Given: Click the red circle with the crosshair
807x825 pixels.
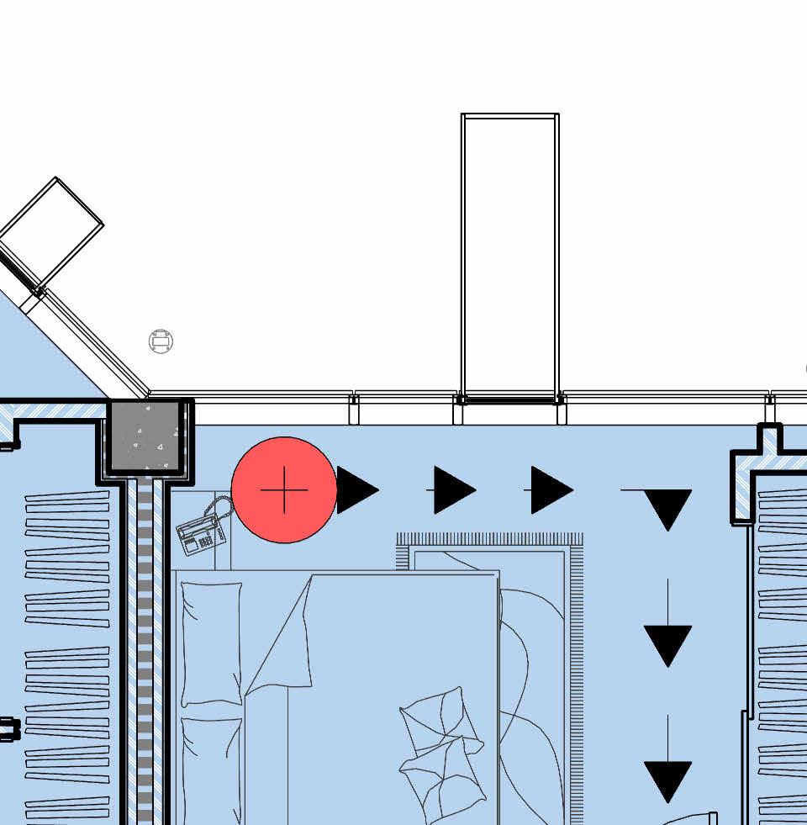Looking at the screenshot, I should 284,489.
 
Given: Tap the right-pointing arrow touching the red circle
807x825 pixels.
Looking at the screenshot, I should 356,490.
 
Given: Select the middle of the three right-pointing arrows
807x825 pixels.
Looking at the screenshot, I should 454,490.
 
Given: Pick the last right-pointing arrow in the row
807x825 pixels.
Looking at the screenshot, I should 551,490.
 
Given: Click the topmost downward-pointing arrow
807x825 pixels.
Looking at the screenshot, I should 667,507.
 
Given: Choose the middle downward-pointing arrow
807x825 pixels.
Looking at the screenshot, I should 667,643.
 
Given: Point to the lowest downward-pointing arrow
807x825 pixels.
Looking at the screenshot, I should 667,780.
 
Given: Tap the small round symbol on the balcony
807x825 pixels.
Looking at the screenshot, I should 161,341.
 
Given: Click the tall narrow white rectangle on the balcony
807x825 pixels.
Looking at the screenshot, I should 510,256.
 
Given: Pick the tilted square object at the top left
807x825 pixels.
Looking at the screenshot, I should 52,231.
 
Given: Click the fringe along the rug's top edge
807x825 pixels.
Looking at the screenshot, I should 490,539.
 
